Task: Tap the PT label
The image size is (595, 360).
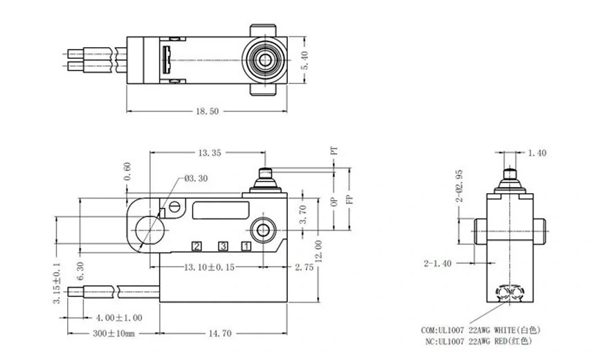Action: click(x=333, y=150)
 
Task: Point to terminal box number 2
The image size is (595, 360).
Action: click(x=197, y=246)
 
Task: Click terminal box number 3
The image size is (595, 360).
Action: click(x=223, y=246)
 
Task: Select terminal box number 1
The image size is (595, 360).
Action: click(x=246, y=246)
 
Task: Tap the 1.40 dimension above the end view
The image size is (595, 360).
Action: click(x=537, y=153)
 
